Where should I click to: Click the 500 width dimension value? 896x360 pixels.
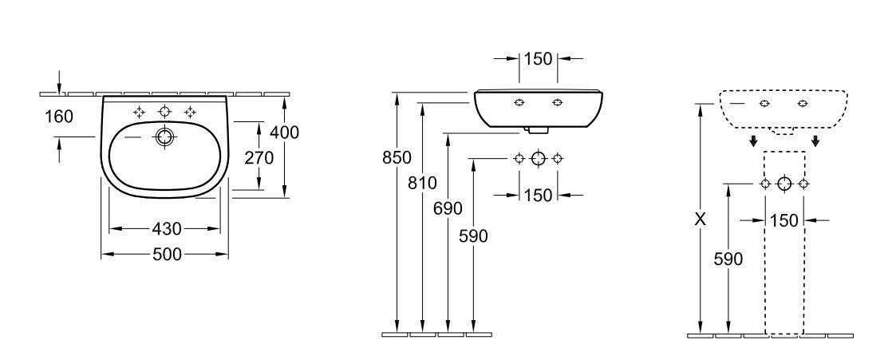(x=167, y=255)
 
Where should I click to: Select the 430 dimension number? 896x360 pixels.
(x=167, y=229)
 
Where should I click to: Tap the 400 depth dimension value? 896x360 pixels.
(x=284, y=133)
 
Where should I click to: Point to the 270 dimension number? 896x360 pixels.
(x=259, y=158)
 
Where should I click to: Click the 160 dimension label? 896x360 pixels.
(x=59, y=117)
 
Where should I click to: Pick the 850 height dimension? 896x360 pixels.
(x=397, y=157)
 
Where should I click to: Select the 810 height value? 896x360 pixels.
(x=422, y=183)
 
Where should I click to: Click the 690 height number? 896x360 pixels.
(x=448, y=208)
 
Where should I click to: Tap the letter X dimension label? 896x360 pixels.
(x=701, y=219)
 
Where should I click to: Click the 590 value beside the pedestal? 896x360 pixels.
(x=728, y=259)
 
